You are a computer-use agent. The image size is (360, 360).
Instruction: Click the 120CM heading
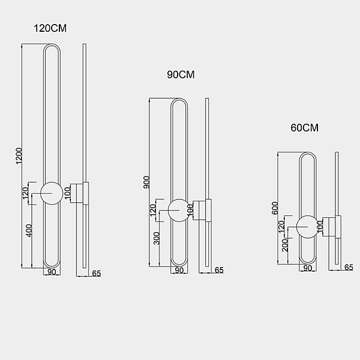[x=50, y=28]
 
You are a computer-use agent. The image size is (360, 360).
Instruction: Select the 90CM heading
[x=181, y=74]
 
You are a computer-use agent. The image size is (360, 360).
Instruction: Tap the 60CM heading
[x=304, y=128]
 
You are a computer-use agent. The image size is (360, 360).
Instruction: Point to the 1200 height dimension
[x=19, y=156]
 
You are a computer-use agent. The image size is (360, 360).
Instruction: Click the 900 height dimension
[x=146, y=182]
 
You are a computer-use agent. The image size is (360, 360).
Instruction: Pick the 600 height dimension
[x=275, y=208]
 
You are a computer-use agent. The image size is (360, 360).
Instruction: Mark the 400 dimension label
[x=29, y=230]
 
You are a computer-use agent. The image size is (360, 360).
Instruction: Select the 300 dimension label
[x=157, y=238]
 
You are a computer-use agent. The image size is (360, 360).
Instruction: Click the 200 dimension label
[x=285, y=245]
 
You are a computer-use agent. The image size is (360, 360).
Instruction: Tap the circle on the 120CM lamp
[x=52, y=193]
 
